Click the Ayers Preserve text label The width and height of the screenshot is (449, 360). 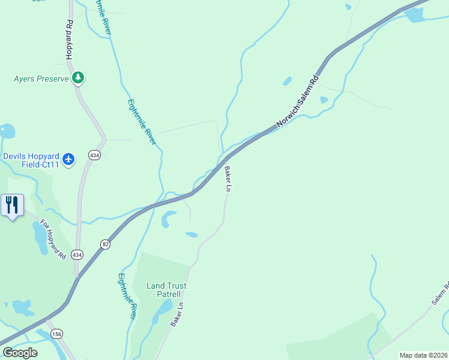[41, 79]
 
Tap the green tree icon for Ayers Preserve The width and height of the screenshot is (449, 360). [78, 78]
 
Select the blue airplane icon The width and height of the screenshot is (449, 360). [68, 158]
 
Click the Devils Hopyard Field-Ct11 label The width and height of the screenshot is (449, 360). [31, 160]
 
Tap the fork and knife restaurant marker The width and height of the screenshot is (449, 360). [12, 205]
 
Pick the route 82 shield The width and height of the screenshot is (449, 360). [106, 244]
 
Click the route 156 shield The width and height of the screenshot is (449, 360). [56, 334]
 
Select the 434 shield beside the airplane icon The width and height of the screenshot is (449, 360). [94, 155]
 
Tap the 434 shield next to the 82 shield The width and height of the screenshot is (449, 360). [77, 254]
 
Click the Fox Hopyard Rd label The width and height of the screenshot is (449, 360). [53, 239]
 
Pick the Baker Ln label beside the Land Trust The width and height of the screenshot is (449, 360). [176, 314]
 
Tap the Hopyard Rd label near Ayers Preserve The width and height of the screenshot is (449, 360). [69, 41]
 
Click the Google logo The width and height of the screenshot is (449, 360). [19, 353]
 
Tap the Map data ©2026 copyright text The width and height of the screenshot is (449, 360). [423, 355]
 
